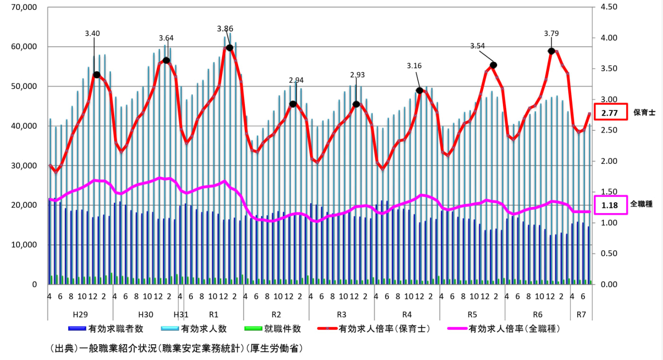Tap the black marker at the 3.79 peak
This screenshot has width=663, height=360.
pyautogui.click(x=552, y=51)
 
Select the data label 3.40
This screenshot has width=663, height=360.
pyautogui.click(x=92, y=33)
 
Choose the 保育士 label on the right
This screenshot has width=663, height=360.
pyautogui.click(x=643, y=113)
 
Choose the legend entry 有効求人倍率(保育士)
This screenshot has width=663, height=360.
pyautogui.click(x=384, y=328)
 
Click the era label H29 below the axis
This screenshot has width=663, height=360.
pyautogui.click(x=80, y=314)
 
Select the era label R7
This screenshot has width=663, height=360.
pyautogui.click(x=582, y=314)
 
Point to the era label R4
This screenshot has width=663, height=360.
pyautogui.click(x=407, y=314)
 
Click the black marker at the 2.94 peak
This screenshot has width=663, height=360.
pyautogui.click(x=293, y=104)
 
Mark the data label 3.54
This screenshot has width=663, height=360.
pyautogui.click(x=478, y=46)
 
